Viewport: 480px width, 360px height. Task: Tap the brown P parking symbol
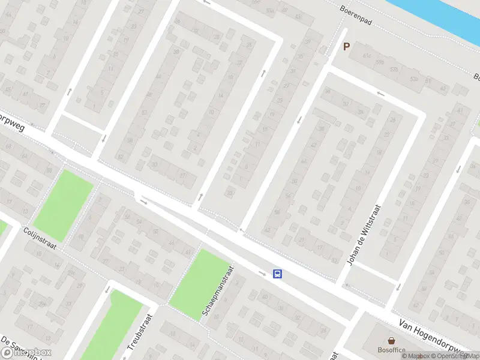tap(346, 46)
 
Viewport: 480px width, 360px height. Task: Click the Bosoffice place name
tap(391, 350)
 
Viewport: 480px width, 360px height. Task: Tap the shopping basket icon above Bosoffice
tap(391, 340)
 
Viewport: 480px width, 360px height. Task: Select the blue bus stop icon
tap(278, 274)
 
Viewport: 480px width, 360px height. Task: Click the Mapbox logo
tap(26, 353)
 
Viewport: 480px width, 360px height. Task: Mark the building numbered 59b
tap(379, 62)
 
